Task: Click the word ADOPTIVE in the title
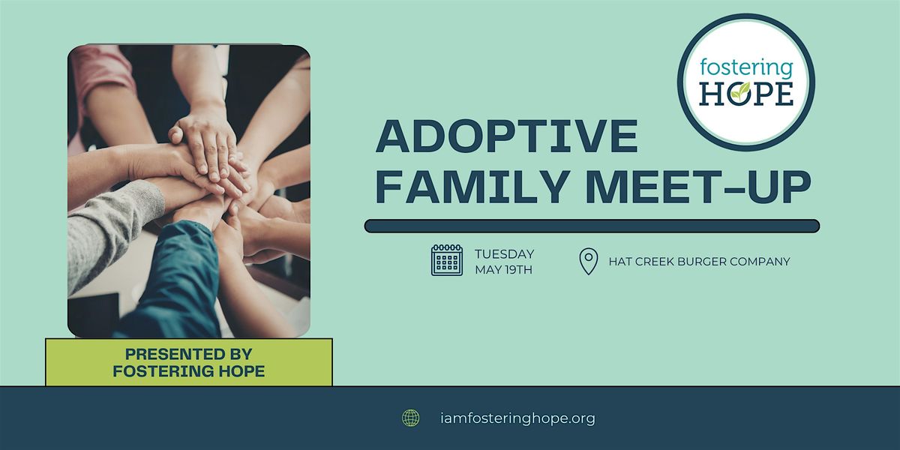coord(507,136)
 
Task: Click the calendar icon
coord(447,260)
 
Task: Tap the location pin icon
coord(589,261)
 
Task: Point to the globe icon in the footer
coord(411,418)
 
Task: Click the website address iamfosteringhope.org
coord(518,418)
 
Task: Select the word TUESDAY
coord(504,254)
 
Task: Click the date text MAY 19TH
coord(503,269)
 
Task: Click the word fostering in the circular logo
coord(746,68)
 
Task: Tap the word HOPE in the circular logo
coord(746,93)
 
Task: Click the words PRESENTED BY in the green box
coord(188,354)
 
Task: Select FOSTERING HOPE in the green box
coord(188,370)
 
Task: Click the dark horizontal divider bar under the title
coord(592,226)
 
